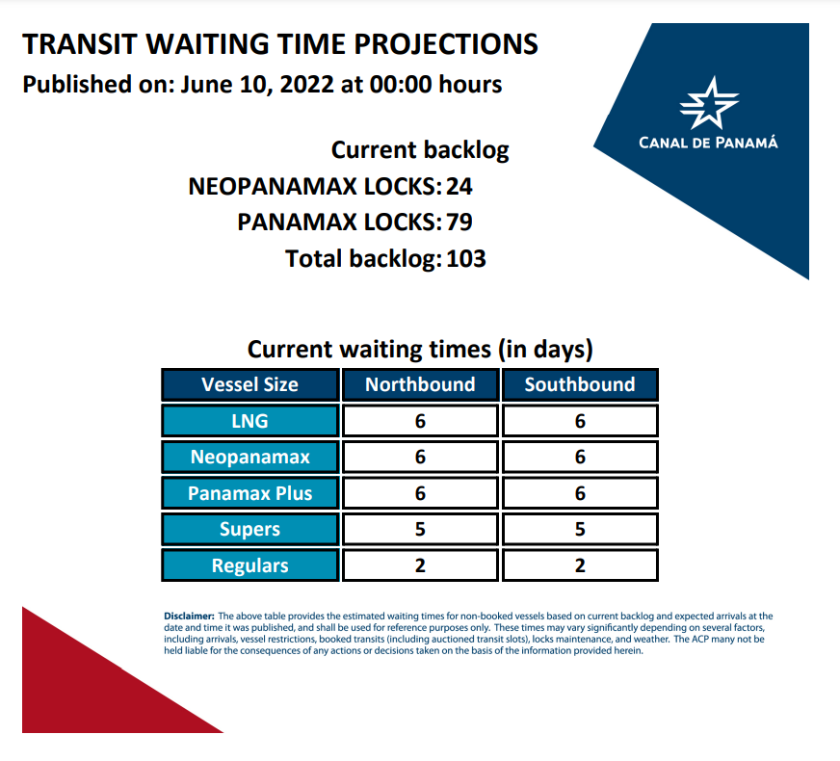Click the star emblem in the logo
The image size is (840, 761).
709,103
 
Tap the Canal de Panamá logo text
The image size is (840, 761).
708,143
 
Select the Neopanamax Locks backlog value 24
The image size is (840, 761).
459,186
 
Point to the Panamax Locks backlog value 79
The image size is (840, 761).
459,223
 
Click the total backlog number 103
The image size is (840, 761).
466,259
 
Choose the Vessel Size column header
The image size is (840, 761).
250,384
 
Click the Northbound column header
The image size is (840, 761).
420,384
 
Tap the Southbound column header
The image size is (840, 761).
580,384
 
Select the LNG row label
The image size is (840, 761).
250,421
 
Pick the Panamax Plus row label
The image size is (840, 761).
250,493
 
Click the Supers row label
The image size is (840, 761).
250,529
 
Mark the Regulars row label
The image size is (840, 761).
250,565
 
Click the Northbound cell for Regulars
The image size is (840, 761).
420,565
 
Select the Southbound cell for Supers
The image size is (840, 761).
580,529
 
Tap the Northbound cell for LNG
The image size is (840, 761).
420,421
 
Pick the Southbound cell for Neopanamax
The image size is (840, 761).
580,457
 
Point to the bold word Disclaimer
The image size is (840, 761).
189,616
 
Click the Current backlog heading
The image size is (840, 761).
420,150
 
